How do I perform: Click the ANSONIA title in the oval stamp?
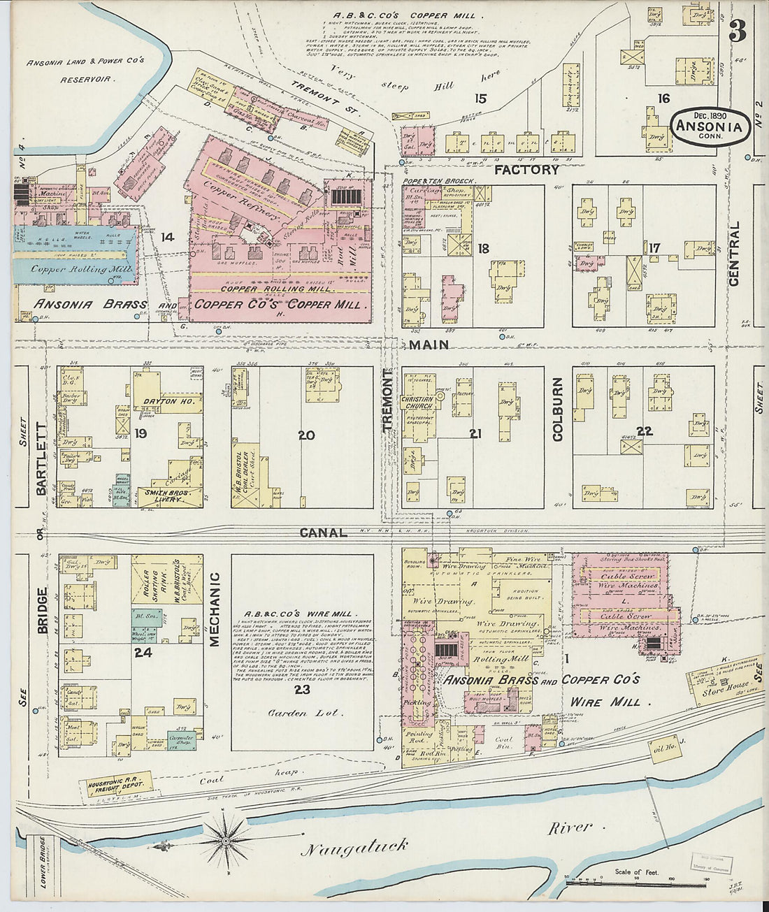click(707, 126)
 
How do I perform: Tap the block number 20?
click(306, 435)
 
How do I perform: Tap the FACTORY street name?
click(526, 169)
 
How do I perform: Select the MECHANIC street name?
click(215, 608)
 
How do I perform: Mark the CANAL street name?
click(323, 533)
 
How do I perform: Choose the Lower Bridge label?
click(41, 861)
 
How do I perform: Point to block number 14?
click(166, 237)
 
